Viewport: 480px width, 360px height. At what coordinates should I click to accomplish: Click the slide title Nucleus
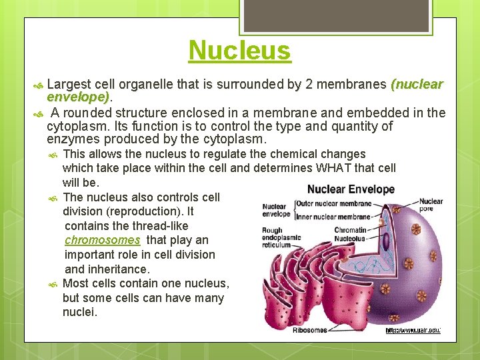click(x=239, y=51)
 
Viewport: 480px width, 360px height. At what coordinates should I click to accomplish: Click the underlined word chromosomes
click(x=103, y=240)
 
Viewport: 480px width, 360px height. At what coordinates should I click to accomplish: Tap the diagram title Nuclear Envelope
click(x=351, y=189)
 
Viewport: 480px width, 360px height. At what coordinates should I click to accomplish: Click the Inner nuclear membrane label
click(x=333, y=216)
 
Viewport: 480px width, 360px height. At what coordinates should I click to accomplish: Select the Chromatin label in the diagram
click(x=350, y=230)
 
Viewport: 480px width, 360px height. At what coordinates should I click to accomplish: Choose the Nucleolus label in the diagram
click(x=350, y=238)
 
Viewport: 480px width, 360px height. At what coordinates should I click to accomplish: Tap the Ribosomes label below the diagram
click(x=309, y=329)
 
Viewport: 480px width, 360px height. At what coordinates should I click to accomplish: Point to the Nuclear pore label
click(x=431, y=205)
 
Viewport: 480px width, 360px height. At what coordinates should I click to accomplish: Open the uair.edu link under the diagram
click(x=413, y=330)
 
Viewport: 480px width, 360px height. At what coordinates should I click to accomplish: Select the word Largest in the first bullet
click(x=69, y=85)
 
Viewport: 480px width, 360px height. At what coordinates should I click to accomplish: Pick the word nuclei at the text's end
click(x=79, y=312)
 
